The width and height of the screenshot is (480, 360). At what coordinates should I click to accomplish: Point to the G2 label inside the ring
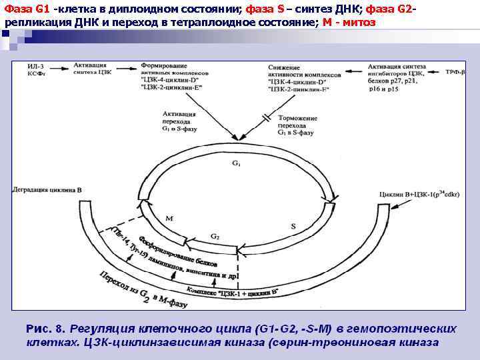tap(215, 236)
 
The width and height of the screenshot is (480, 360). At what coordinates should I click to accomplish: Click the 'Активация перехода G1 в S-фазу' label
tap(177, 123)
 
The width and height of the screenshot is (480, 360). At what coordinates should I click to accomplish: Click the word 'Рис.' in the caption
tap(39, 329)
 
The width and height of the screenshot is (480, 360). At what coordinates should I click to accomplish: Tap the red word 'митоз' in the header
tap(357, 22)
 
